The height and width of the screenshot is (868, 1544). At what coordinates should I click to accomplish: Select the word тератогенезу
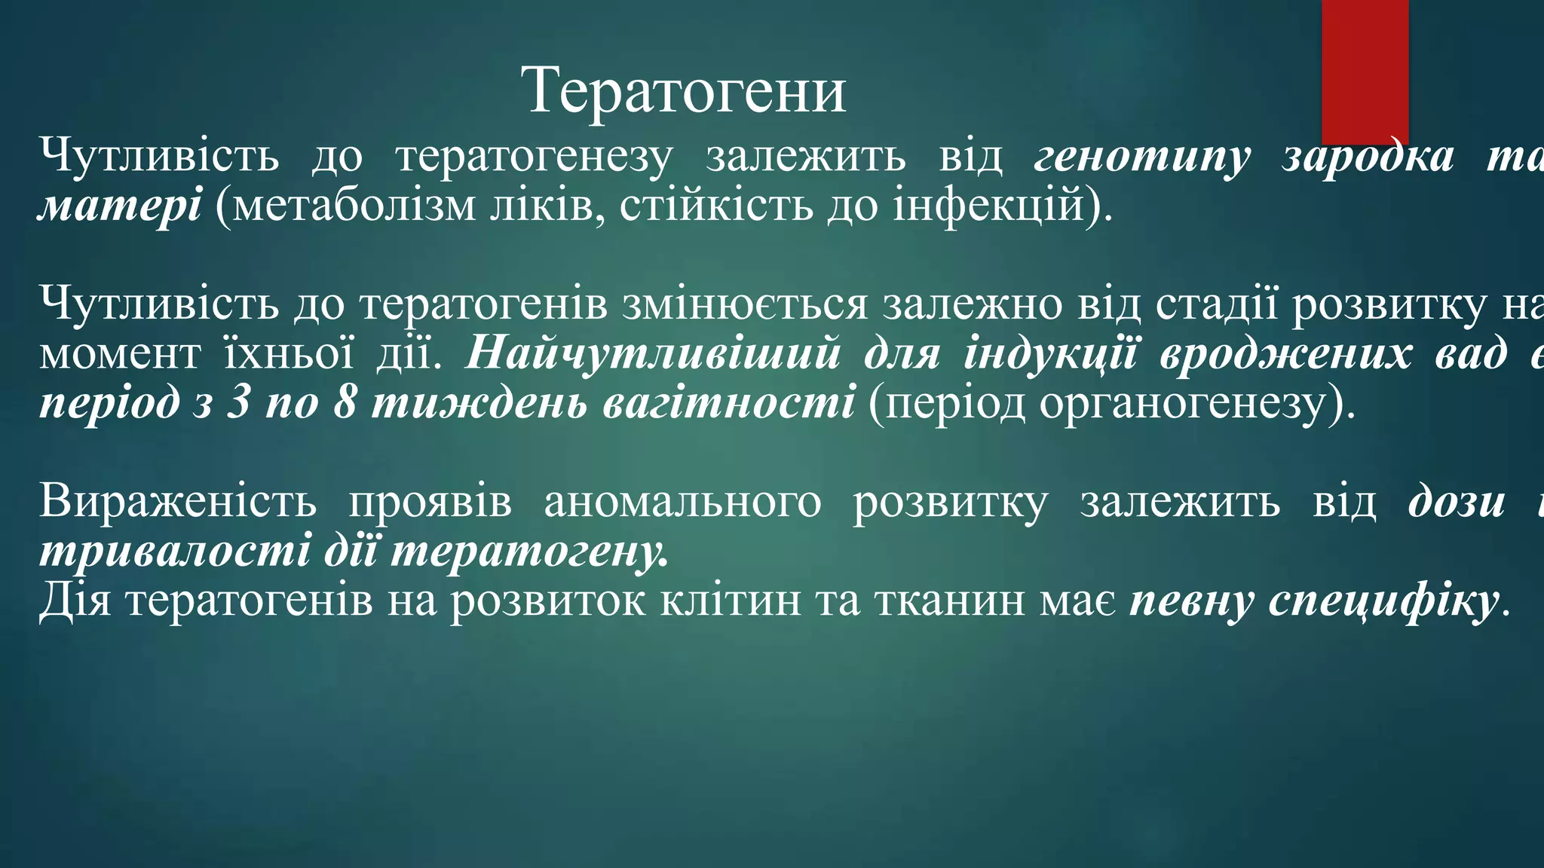click(x=534, y=157)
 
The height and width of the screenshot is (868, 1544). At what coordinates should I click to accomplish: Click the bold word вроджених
click(x=1285, y=353)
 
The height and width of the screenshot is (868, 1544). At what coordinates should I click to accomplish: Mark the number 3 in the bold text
click(x=237, y=402)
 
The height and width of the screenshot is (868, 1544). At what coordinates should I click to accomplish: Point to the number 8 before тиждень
click(x=345, y=402)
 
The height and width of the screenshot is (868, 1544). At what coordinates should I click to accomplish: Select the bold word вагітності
click(x=728, y=402)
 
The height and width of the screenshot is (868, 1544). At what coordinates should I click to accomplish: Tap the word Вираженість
click(x=178, y=501)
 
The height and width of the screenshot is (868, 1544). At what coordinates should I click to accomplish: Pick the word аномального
click(x=682, y=501)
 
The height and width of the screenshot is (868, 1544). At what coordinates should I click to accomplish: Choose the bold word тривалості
click(x=174, y=551)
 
